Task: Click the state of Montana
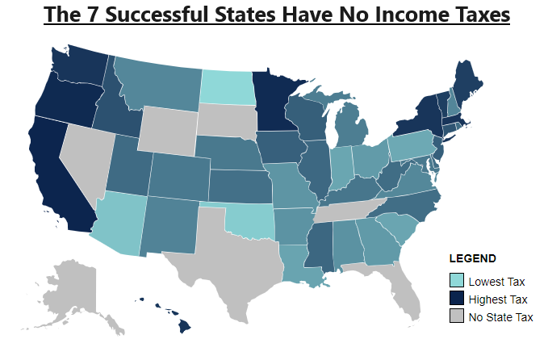click(161, 85)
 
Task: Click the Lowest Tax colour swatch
click(457, 282)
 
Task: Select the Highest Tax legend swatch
click(457, 299)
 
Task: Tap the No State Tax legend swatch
click(457, 316)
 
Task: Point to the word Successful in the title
click(177, 15)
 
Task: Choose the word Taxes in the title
click(473, 15)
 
